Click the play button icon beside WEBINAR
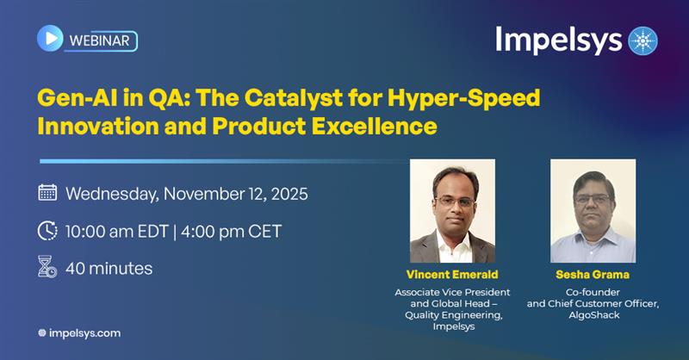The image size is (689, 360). (x=51, y=39)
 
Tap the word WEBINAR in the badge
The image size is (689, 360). (x=101, y=40)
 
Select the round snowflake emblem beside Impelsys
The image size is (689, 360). (x=642, y=40)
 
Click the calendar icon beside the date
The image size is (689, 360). (x=48, y=192)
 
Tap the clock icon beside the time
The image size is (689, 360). (x=48, y=231)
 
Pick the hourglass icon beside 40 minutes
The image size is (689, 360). (x=47, y=267)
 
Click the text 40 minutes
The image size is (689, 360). (x=109, y=268)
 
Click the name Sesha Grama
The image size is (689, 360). (x=593, y=275)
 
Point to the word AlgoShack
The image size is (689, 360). (x=593, y=315)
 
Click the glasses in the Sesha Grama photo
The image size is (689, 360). (x=594, y=199)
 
